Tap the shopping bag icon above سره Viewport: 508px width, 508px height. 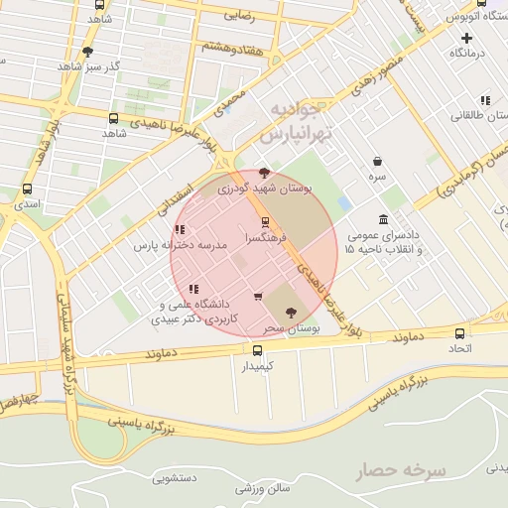pyautogui.click(x=378, y=161)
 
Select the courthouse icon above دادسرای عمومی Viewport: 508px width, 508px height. pyautogui.click(x=384, y=220)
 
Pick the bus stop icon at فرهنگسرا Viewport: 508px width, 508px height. pyautogui.click(x=265, y=223)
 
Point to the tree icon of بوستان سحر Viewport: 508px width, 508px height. pyautogui.click(x=290, y=312)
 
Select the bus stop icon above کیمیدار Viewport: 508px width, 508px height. pyautogui.click(x=258, y=350)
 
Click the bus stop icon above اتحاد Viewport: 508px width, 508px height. pyautogui.click(x=459, y=333)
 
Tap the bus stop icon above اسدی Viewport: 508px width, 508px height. pyautogui.click(x=27, y=189)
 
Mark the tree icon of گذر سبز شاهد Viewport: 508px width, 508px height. pyautogui.click(x=88, y=52)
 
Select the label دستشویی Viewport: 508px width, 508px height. pyautogui.click(x=175, y=478)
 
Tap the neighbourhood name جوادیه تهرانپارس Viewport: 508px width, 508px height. pyautogui.click(x=294, y=121)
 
